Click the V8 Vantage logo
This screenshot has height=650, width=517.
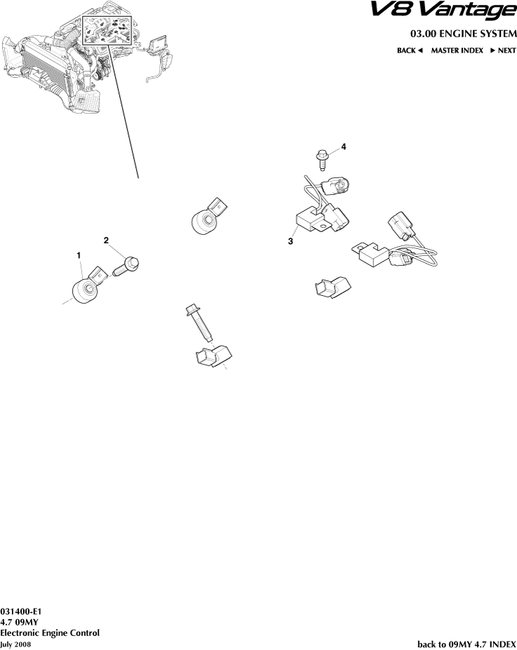443,11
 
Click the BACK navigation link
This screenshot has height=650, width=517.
410,50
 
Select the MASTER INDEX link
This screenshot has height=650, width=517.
457,50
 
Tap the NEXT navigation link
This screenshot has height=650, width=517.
503,50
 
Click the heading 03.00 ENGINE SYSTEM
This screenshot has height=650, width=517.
464,34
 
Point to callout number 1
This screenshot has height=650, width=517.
79,255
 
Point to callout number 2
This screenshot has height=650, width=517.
106,240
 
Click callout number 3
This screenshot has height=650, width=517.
290,241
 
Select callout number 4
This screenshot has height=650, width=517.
344,147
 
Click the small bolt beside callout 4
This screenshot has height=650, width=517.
322,160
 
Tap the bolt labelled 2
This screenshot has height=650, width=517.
126,267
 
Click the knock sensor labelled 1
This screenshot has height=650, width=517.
87,285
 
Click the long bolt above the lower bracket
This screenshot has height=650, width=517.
199,323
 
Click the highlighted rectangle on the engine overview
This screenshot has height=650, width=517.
107,31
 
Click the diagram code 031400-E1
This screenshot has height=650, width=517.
21,612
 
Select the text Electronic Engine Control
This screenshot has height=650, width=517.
50,633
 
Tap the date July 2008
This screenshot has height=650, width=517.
15,644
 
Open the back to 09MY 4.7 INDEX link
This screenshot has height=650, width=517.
466,644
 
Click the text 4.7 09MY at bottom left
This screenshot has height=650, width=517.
19,622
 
